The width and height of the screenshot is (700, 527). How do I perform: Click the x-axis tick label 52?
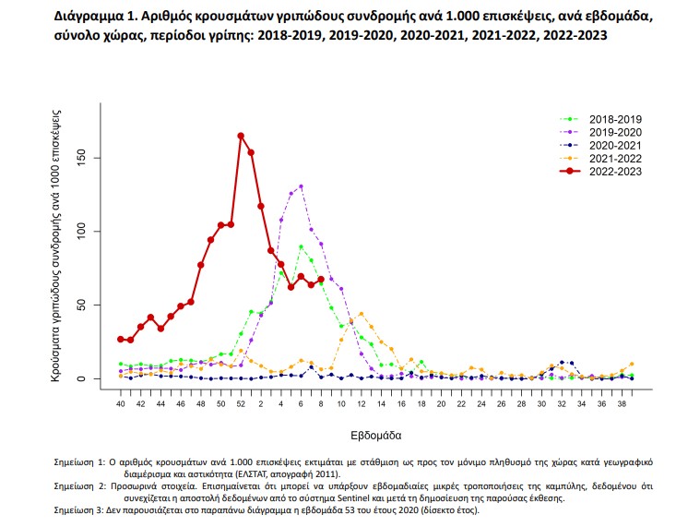(x=241, y=403)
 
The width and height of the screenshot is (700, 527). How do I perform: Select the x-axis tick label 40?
(x=120, y=403)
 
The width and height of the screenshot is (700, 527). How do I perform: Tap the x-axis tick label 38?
(x=622, y=403)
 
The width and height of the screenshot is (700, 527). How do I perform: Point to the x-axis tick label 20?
(x=441, y=403)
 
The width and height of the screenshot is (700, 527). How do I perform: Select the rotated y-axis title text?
(x=56, y=245)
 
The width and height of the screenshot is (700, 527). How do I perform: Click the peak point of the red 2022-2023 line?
(x=241, y=136)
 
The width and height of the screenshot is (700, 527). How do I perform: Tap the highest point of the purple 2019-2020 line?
(x=301, y=186)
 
